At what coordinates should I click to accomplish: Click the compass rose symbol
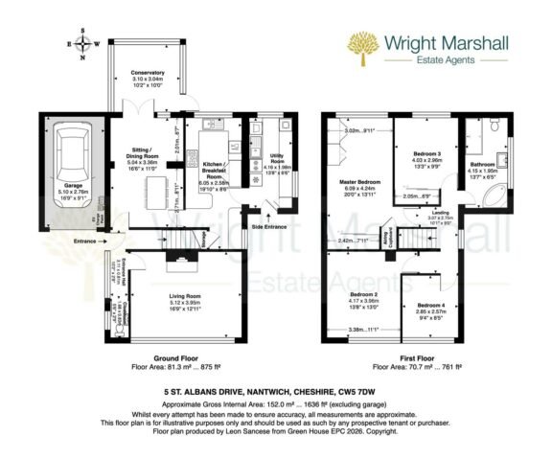click(83, 45)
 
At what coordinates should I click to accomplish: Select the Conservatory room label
click(148, 73)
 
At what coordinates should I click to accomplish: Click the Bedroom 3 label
click(426, 153)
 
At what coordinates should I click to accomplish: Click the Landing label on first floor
click(440, 213)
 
